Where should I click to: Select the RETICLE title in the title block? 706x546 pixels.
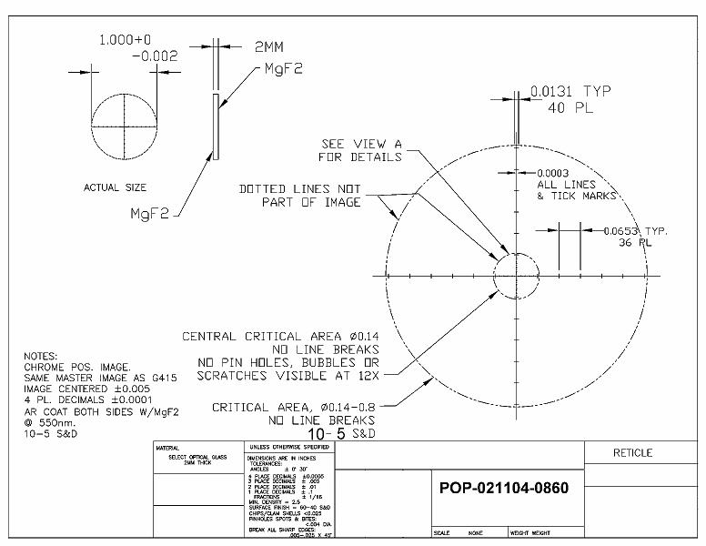pyautogui.click(x=632, y=452)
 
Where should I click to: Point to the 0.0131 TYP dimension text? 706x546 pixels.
pyautogui.click(x=570, y=91)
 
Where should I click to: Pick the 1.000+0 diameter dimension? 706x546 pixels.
pyautogui.click(x=126, y=40)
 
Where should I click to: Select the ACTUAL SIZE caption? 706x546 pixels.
pyautogui.click(x=115, y=187)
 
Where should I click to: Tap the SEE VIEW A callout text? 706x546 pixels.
pyautogui.click(x=363, y=144)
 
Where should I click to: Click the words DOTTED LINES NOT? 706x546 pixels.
pyautogui.click(x=300, y=188)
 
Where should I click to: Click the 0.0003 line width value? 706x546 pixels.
pyautogui.click(x=554, y=173)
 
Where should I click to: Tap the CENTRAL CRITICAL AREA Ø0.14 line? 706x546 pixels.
pyautogui.click(x=280, y=336)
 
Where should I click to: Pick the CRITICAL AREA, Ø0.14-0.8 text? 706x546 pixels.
pyautogui.click(x=294, y=408)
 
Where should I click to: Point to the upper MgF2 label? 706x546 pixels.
pyautogui.click(x=282, y=69)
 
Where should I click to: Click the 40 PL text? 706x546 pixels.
pyautogui.click(x=570, y=107)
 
